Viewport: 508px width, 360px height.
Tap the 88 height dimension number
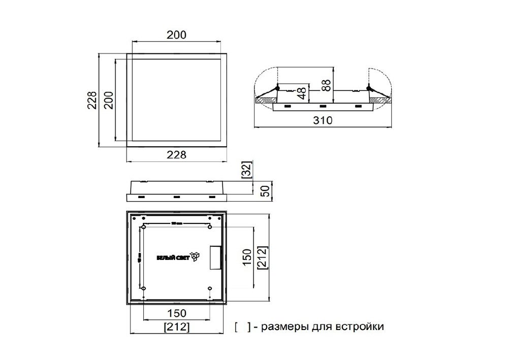click(x=327, y=83)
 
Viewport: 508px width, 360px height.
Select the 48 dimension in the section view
click(x=302, y=92)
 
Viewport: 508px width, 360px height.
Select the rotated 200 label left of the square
click(x=108, y=100)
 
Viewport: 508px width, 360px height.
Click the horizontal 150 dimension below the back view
click(x=176, y=313)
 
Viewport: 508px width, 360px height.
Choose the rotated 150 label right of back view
click(x=246, y=257)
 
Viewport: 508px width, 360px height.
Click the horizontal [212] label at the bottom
click(x=176, y=327)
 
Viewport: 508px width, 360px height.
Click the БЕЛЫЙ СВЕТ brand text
click(x=172, y=258)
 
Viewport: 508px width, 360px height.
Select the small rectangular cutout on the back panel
click(x=215, y=258)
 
